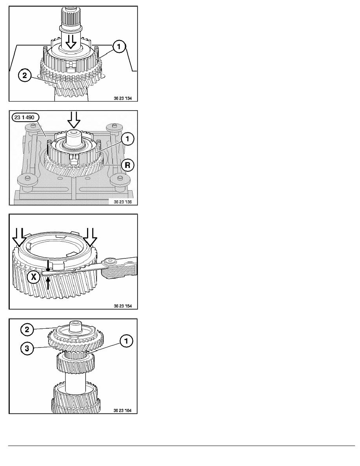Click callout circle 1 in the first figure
(x=119, y=47)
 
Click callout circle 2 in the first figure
(x=25, y=75)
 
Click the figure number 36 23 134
(x=123, y=98)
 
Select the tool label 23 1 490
(x=24, y=117)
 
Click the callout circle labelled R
(x=127, y=165)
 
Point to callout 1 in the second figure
(x=127, y=139)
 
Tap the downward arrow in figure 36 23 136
(x=74, y=120)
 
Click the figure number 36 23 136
(x=123, y=202)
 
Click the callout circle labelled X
(x=34, y=277)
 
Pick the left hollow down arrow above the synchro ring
(x=19, y=237)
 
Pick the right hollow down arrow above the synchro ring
(x=91, y=237)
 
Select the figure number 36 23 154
(x=123, y=306)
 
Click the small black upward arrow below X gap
(x=48, y=282)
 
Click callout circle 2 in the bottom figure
(x=27, y=329)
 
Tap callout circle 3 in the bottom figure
(x=27, y=348)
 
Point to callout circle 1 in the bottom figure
(x=126, y=341)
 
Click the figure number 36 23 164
(x=123, y=410)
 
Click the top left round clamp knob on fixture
(x=31, y=128)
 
